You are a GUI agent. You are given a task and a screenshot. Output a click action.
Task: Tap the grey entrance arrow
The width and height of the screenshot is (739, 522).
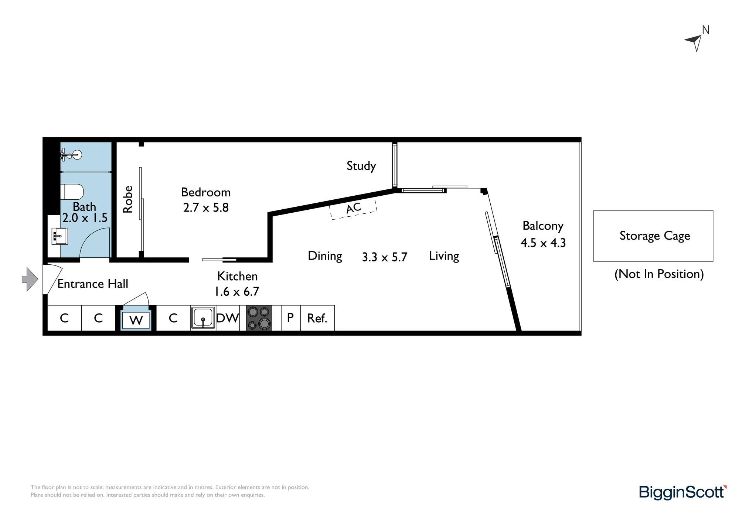30,279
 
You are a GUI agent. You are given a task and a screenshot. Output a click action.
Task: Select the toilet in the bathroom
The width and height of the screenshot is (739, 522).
72,192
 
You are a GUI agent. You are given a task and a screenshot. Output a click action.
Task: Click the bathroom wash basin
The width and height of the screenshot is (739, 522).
59,236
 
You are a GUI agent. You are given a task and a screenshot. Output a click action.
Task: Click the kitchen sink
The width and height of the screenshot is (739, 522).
203,318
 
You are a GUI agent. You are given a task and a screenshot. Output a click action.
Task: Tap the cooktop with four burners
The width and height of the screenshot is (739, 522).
259,318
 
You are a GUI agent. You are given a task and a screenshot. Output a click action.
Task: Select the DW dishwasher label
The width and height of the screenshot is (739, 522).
228,318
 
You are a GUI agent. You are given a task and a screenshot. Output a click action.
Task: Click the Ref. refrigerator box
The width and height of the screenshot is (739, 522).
317,318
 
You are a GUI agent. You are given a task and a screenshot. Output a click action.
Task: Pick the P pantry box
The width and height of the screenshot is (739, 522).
291,318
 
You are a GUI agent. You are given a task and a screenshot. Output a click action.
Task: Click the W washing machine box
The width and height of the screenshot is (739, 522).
136,320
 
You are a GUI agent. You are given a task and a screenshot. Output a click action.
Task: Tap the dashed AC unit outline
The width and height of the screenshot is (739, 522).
353,209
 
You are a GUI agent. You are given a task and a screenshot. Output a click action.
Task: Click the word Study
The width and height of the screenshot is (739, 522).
361,166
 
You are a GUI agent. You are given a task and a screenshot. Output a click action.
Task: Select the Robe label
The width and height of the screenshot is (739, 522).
127,199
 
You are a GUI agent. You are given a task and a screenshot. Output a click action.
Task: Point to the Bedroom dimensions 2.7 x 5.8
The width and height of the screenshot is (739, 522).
206,207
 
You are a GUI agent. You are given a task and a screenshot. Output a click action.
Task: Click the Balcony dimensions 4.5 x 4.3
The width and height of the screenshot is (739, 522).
543,243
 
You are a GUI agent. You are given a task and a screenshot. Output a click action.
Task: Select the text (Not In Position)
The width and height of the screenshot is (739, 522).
659,274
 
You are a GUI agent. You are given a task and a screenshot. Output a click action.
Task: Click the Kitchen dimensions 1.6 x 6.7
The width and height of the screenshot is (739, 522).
237,292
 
